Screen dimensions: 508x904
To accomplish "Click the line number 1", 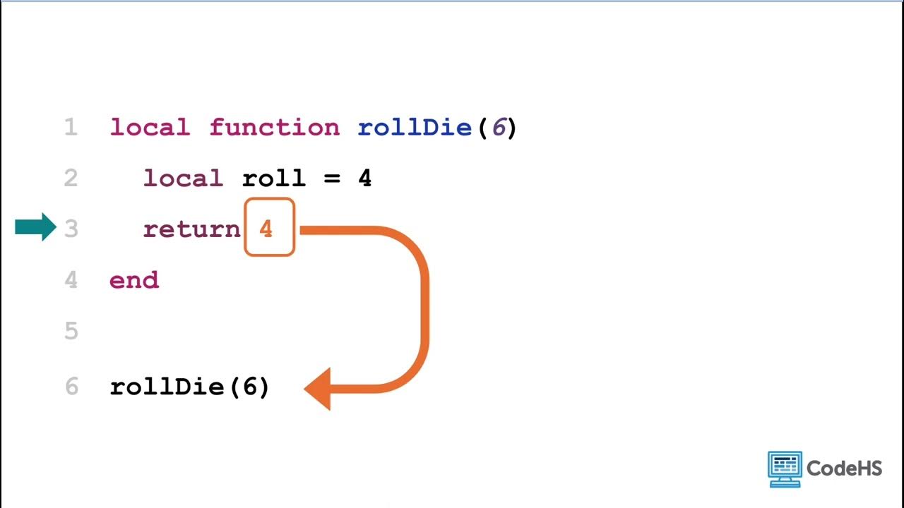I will [70, 128].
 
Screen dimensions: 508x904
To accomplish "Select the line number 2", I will [70, 179].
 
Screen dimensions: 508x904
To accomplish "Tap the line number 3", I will [71, 229].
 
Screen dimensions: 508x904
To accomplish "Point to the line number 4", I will [71, 280].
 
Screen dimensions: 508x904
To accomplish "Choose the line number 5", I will [71, 331].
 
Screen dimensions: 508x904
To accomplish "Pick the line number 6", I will [71, 387].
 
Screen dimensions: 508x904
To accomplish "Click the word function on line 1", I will [274, 128].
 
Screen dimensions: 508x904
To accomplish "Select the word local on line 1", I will [150, 128].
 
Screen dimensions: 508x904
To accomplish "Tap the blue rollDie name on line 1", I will [415, 128].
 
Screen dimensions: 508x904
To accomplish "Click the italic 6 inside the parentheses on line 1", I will [498, 128].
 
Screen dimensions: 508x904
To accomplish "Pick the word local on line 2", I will [183, 179].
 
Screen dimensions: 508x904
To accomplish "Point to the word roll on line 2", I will [274, 179].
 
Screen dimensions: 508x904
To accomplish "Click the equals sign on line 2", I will [332, 179].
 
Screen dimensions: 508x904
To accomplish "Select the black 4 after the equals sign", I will [364, 179].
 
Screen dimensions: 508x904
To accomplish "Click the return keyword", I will [191, 229].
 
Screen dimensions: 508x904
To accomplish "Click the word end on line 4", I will [134, 280].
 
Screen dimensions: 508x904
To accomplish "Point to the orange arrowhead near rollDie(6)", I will [319, 388].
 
